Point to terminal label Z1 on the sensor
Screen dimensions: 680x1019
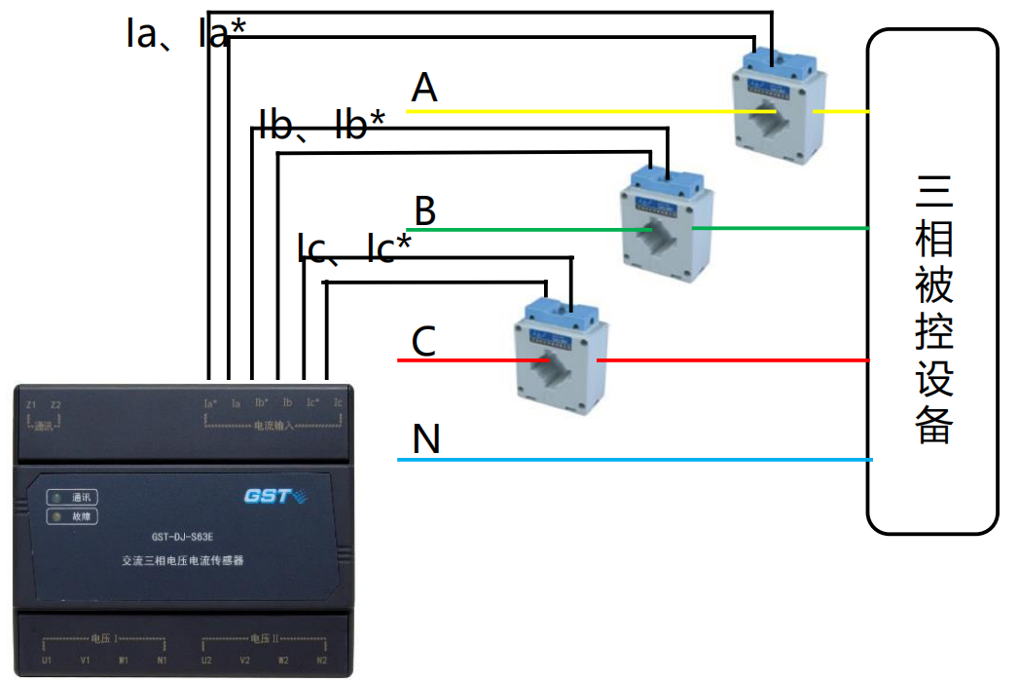(x=31, y=404)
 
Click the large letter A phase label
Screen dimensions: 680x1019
(x=424, y=89)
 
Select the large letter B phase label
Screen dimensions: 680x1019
(x=425, y=210)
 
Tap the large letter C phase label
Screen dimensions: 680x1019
(x=423, y=342)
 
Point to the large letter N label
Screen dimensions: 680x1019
(x=426, y=439)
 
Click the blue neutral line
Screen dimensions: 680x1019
(x=633, y=459)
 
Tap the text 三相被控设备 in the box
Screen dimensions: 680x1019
(x=933, y=309)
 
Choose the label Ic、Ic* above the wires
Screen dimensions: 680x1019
(x=354, y=248)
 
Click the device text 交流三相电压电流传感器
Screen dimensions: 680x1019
(x=182, y=561)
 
